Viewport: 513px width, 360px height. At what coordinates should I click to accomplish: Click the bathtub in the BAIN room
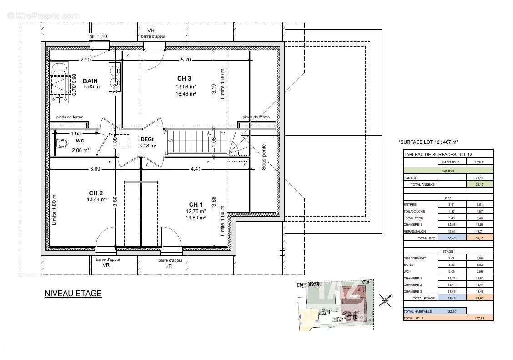point(60,82)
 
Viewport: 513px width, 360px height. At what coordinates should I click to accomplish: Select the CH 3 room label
point(184,79)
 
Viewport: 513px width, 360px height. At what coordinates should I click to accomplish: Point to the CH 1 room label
point(196,204)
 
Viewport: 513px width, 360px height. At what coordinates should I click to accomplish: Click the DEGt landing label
point(148,139)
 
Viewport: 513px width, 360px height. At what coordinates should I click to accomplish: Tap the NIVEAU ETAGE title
point(73,294)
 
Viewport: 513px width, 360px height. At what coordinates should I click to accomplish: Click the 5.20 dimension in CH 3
point(186,60)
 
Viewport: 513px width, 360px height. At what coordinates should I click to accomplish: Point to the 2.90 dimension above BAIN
point(85,60)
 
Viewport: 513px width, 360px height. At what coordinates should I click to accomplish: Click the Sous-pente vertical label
point(263,157)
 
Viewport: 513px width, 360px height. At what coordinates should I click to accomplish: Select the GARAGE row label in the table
point(410,178)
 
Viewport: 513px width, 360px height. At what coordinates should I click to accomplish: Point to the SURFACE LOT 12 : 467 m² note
point(428,142)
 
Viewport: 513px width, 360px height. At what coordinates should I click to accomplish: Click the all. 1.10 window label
point(98,36)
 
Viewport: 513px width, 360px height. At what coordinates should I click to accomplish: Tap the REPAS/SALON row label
point(414,231)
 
